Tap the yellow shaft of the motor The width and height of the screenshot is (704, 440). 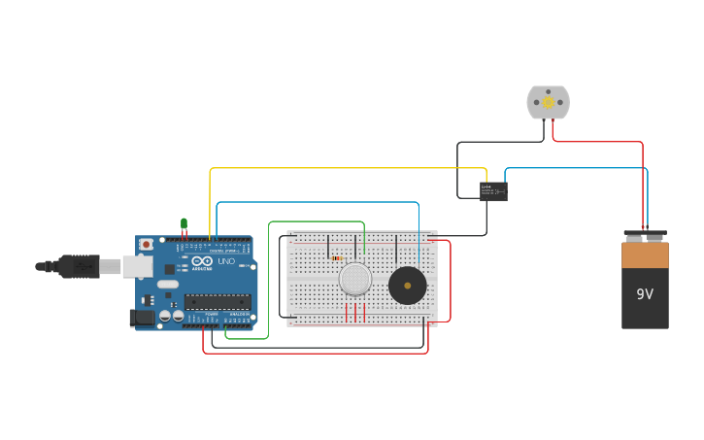point(548,102)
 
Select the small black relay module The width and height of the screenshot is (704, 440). point(493,190)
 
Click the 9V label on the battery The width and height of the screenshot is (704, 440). point(646,293)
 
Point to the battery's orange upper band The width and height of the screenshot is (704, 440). point(645,254)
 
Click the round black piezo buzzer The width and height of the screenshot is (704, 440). point(407,286)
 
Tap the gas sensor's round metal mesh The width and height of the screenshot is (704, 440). point(355,280)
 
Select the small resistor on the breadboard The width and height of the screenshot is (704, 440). point(337,258)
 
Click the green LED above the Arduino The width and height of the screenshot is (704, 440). point(184,223)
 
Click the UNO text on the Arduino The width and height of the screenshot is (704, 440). point(224,261)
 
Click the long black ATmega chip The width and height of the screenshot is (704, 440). point(218,300)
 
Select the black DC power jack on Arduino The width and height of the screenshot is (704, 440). point(141,317)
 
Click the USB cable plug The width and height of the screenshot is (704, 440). point(78,265)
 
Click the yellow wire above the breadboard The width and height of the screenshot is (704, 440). point(350,169)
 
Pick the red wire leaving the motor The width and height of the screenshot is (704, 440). point(602,143)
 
